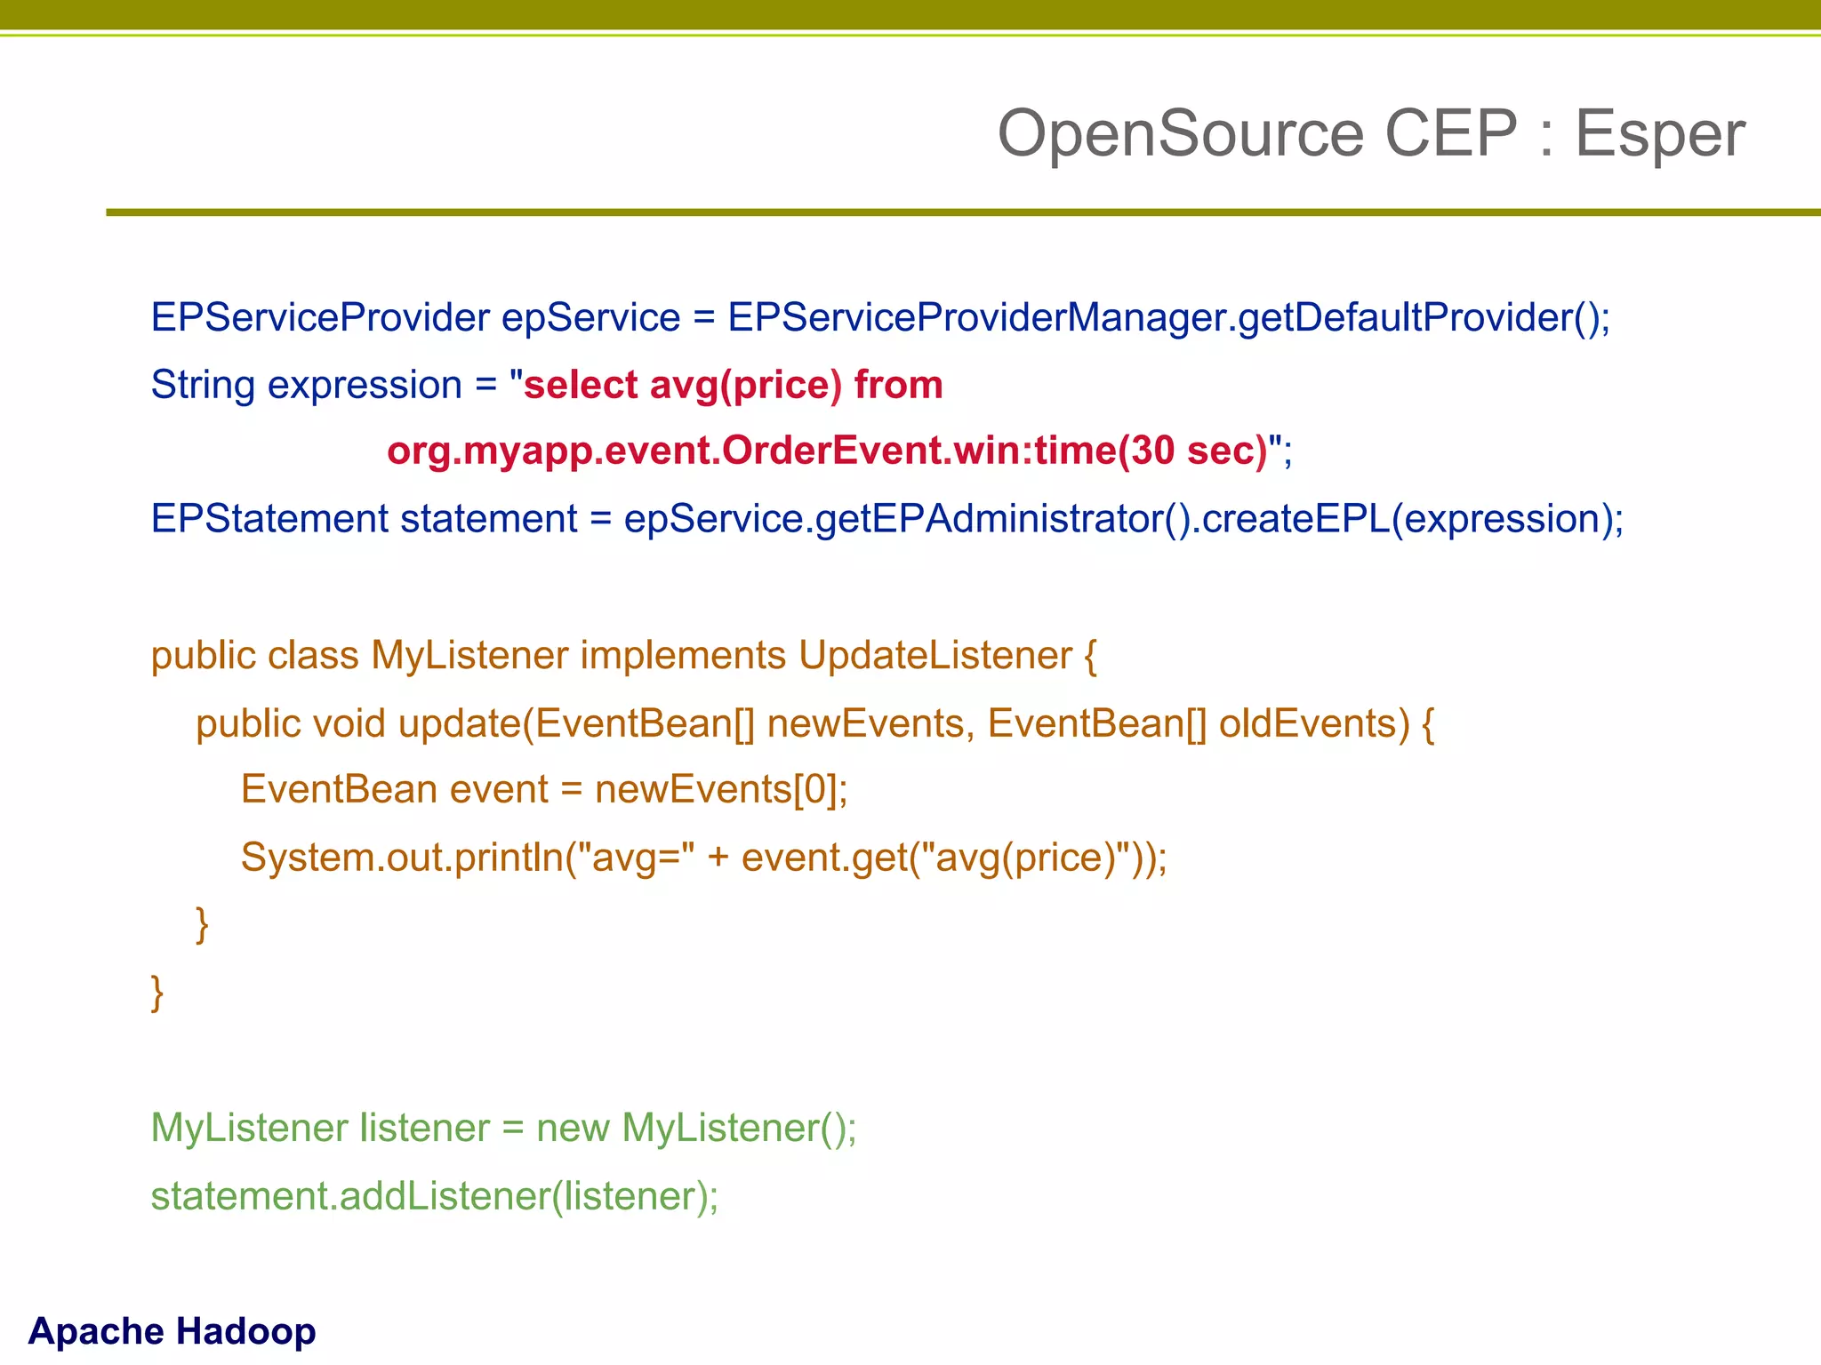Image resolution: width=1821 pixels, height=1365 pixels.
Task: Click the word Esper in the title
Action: point(1659,134)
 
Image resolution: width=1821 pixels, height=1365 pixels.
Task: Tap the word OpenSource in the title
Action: point(1180,134)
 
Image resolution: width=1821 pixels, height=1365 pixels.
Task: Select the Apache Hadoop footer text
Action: point(172,1330)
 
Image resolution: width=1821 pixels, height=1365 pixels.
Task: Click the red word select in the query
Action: point(580,385)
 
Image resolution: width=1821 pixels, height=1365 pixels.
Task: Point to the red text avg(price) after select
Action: point(745,385)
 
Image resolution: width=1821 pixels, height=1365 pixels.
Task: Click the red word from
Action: point(898,385)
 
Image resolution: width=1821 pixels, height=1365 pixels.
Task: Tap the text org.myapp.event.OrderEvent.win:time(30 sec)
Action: point(827,451)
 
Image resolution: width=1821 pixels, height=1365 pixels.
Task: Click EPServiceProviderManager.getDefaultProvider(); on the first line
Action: point(1168,317)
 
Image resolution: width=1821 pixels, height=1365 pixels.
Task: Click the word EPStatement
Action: point(269,518)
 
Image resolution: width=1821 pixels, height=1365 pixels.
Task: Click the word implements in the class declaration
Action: point(683,655)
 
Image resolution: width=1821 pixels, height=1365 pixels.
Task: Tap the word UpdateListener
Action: point(935,655)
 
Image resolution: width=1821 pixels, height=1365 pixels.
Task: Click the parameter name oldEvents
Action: point(1313,722)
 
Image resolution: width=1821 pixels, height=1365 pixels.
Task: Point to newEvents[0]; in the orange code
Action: point(721,789)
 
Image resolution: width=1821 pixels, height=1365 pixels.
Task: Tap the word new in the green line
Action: point(573,1128)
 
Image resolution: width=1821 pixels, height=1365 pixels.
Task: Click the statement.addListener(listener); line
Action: point(434,1195)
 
